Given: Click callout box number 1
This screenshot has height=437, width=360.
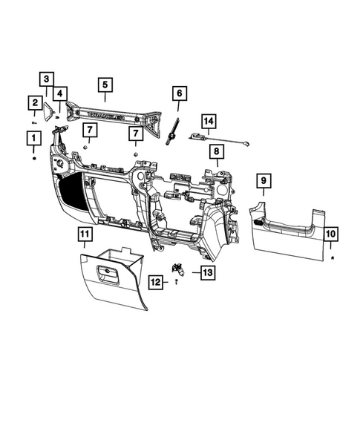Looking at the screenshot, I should click(33, 137).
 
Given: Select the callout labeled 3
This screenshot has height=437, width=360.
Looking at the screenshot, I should click(46, 79).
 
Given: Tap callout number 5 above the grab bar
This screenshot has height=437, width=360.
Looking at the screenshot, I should click(105, 85).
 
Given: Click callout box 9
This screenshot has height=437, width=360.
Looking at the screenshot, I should click(262, 180).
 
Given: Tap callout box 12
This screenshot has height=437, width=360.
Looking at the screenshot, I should click(156, 281).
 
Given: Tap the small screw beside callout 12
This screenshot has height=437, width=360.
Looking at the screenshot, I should click(176, 282).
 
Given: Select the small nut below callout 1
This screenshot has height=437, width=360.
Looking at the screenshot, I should click(33, 158).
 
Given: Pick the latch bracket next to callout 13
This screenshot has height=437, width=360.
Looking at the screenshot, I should click(179, 269).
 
